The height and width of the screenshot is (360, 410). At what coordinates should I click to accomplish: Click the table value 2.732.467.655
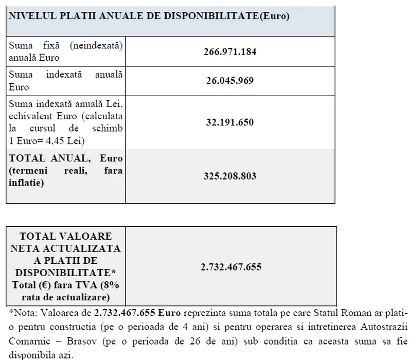pyautogui.click(x=230, y=267)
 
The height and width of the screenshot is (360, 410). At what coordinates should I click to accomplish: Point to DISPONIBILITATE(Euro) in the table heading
pyautogui.click(x=227, y=16)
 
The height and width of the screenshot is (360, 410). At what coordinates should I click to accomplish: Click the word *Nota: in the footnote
pyautogui.click(x=22, y=312)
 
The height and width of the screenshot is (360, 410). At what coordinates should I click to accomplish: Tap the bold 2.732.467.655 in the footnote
pyautogui.click(x=126, y=312)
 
